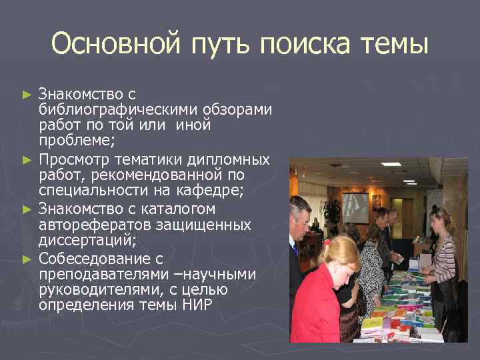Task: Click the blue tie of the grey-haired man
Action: tap(295, 250)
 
